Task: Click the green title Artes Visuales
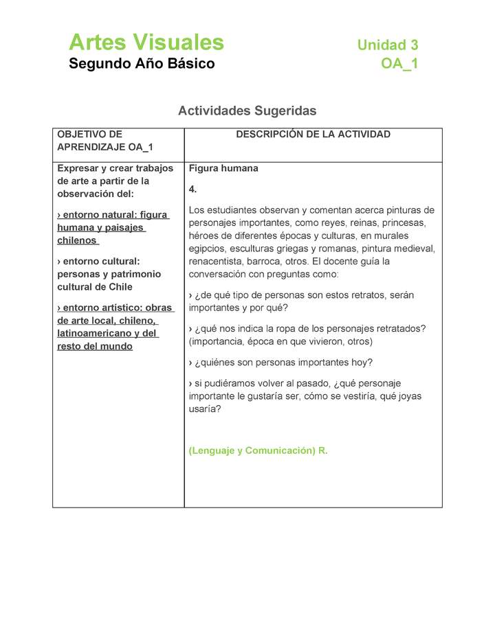(x=146, y=43)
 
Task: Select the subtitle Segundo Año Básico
(x=142, y=64)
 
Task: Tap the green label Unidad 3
(x=387, y=45)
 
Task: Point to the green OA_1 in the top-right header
(x=399, y=64)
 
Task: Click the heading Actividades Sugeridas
(x=247, y=111)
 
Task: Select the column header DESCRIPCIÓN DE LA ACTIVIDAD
(x=313, y=135)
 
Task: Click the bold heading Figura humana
(x=223, y=168)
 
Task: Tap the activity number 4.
(x=192, y=190)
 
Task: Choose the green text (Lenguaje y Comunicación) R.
(x=258, y=451)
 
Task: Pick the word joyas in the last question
(x=409, y=396)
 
